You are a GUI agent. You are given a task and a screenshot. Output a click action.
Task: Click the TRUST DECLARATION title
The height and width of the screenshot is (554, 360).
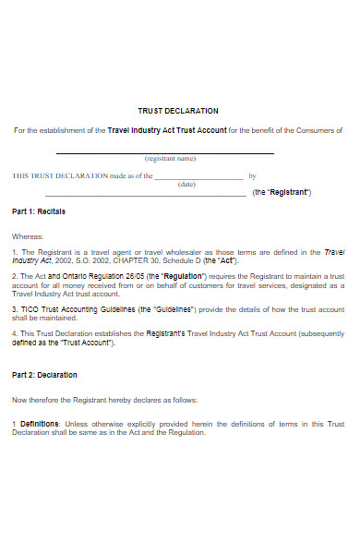tap(178, 111)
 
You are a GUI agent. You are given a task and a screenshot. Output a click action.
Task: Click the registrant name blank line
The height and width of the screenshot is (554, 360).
tap(165, 152)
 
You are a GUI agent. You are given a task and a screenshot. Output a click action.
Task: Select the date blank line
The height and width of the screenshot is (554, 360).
tap(198, 177)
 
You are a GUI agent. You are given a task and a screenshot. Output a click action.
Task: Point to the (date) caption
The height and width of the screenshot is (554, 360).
tap(186, 184)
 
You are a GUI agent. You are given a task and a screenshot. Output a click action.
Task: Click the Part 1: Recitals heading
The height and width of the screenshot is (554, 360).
tap(39, 211)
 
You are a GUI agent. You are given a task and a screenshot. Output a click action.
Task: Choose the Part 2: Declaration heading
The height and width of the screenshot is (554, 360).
tap(44, 375)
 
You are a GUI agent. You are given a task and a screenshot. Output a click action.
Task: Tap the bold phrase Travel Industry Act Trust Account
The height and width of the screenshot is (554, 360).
tap(167, 130)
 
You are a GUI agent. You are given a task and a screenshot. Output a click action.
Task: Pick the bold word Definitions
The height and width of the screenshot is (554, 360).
tap(39, 423)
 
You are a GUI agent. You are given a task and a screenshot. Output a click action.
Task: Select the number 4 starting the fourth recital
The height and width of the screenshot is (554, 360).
tap(14, 333)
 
